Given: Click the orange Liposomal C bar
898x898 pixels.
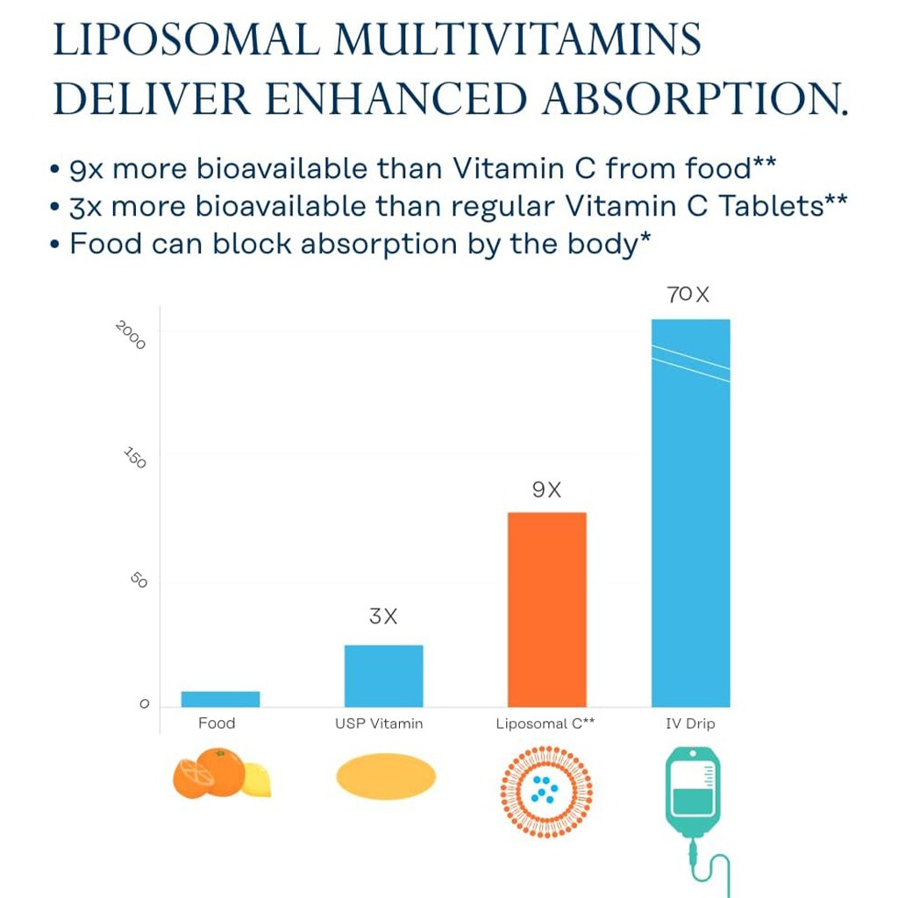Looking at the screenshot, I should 546,609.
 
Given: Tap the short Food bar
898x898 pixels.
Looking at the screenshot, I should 220,698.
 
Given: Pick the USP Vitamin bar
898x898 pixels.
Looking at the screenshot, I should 383,675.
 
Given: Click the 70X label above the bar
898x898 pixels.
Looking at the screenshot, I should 688,295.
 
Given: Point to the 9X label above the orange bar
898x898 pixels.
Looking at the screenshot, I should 546,490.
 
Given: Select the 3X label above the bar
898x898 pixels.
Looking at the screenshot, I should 383,616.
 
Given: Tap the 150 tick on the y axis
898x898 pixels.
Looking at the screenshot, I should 134,458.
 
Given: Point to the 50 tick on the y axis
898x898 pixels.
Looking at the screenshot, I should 139,581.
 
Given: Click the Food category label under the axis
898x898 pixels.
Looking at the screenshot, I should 217,723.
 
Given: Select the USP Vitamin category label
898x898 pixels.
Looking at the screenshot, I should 379,723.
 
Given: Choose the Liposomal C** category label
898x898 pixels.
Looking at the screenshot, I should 545,723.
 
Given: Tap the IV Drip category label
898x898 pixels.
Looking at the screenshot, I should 690,723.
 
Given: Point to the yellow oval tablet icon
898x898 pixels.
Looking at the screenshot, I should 386,777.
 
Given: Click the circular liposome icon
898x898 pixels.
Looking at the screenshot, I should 546,791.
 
